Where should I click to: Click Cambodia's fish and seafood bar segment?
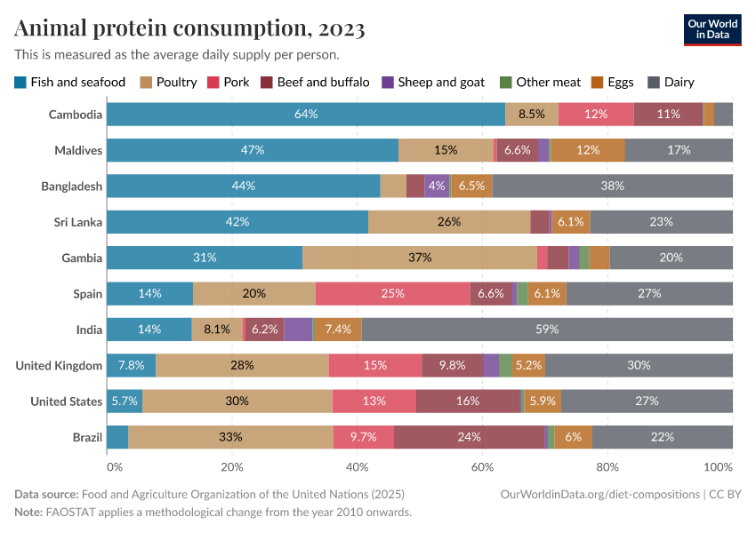pyautogui.click(x=306, y=115)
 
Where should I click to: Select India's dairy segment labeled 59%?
pyautogui.click(x=547, y=330)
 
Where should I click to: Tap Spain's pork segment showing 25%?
pyautogui.click(x=392, y=294)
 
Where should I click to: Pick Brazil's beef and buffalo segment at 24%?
pyautogui.click(x=469, y=437)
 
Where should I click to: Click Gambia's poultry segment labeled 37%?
pyautogui.click(x=420, y=258)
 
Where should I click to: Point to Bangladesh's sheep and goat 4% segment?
pyautogui.click(x=437, y=187)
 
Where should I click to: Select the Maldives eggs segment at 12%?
pyautogui.click(x=587, y=150)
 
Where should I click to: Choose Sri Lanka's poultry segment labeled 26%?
pyautogui.click(x=449, y=222)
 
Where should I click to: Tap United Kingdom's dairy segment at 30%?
pyautogui.click(x=639, y=365)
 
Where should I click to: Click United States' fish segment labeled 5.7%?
pyautogui.click(x=125, y=402)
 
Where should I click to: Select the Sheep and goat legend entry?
pyautogui.click(x=433, y=83)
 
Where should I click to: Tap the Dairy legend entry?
pyautogui.click(x=672, y=83)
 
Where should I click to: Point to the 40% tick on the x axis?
pyautogui.click(x=357, y=466)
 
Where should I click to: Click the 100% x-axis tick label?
pyautogui.click(x=716, y=466)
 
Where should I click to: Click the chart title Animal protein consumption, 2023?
pyautogui.click(x=189, y=29)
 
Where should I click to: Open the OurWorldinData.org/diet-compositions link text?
pyautogui.click(x=600, y=493)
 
